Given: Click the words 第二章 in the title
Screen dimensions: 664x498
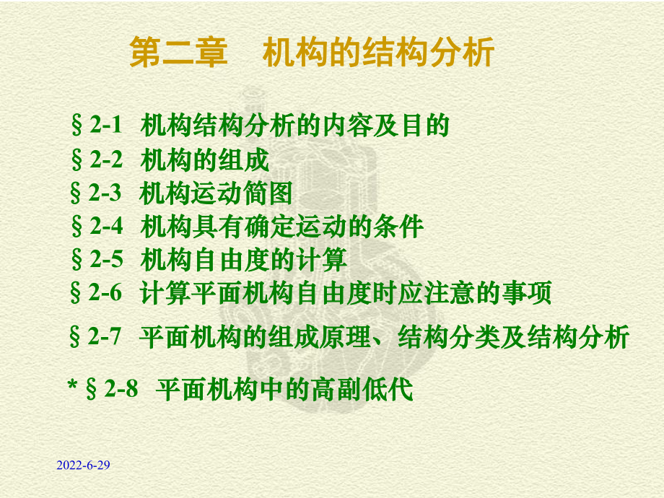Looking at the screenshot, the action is point(178,52).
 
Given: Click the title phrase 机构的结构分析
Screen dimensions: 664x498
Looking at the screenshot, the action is point(378,52).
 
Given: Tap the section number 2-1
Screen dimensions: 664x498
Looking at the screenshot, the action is point(105,126).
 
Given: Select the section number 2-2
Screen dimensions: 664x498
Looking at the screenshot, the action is point(106,160).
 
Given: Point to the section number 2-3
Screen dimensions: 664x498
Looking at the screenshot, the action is point(105,193).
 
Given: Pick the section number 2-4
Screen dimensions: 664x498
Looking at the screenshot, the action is point(106,226).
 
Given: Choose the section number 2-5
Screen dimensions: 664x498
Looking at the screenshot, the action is point(106,259).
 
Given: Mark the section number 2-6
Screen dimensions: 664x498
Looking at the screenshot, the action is point(105,292).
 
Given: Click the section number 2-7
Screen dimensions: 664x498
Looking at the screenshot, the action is point(105,336).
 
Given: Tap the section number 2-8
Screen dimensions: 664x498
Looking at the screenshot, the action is point(121,389).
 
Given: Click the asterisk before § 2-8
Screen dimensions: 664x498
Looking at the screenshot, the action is point(72,385).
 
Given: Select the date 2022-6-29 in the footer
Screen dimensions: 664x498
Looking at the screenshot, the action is point(84,465).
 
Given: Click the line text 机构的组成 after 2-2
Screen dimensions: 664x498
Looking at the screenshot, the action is point(204,160).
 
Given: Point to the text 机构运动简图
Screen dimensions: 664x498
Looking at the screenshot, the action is point(216,193).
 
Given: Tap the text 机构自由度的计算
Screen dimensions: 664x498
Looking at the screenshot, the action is point(243,260).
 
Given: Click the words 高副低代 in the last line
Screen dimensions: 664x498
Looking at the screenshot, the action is point(362,389).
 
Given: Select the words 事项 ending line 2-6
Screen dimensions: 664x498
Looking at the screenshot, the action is point(526,292).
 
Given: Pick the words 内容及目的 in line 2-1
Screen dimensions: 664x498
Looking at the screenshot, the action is point(385,126).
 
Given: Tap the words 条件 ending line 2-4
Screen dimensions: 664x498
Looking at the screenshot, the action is point(398,227).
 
